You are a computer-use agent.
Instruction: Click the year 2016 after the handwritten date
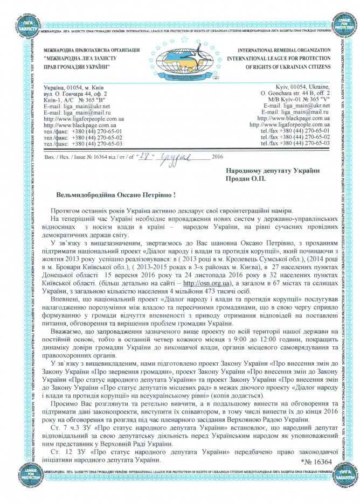(218, 156)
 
